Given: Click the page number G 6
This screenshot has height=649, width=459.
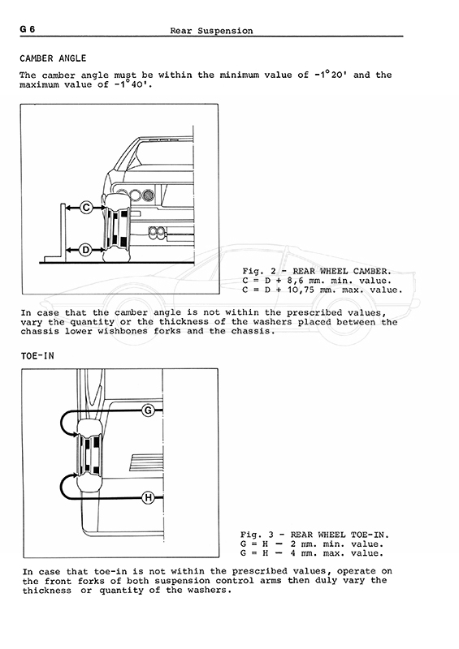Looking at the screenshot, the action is (28, 29).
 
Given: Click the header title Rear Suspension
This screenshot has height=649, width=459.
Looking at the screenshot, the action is (211, 31).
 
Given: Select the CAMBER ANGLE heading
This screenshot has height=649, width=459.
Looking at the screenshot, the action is (53, 58).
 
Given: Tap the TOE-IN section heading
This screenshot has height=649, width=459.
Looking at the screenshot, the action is (37, 356).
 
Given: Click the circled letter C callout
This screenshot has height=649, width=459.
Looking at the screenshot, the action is (86, 207).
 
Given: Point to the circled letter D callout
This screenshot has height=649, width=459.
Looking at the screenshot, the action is (86, 250).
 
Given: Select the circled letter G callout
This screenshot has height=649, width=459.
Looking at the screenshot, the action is (148, 410).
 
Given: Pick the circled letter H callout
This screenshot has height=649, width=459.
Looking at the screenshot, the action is (148, 497).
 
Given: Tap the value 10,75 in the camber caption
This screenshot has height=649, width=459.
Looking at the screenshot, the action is (301, 290).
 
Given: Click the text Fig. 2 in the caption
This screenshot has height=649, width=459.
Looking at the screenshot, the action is (259, 271).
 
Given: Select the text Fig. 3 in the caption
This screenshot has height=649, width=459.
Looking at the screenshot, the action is (257, 535).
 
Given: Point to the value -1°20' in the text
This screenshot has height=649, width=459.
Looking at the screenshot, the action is (330, 75).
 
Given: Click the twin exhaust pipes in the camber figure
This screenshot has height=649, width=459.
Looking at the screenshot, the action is (157, 233).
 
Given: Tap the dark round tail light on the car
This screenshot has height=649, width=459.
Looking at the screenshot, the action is (148, 195).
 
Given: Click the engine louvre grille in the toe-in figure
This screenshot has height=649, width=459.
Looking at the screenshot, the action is (146, 462).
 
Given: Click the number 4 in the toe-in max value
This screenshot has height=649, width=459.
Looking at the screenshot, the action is (293, 553).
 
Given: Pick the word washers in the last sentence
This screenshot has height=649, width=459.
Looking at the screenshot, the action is (206, 591).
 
